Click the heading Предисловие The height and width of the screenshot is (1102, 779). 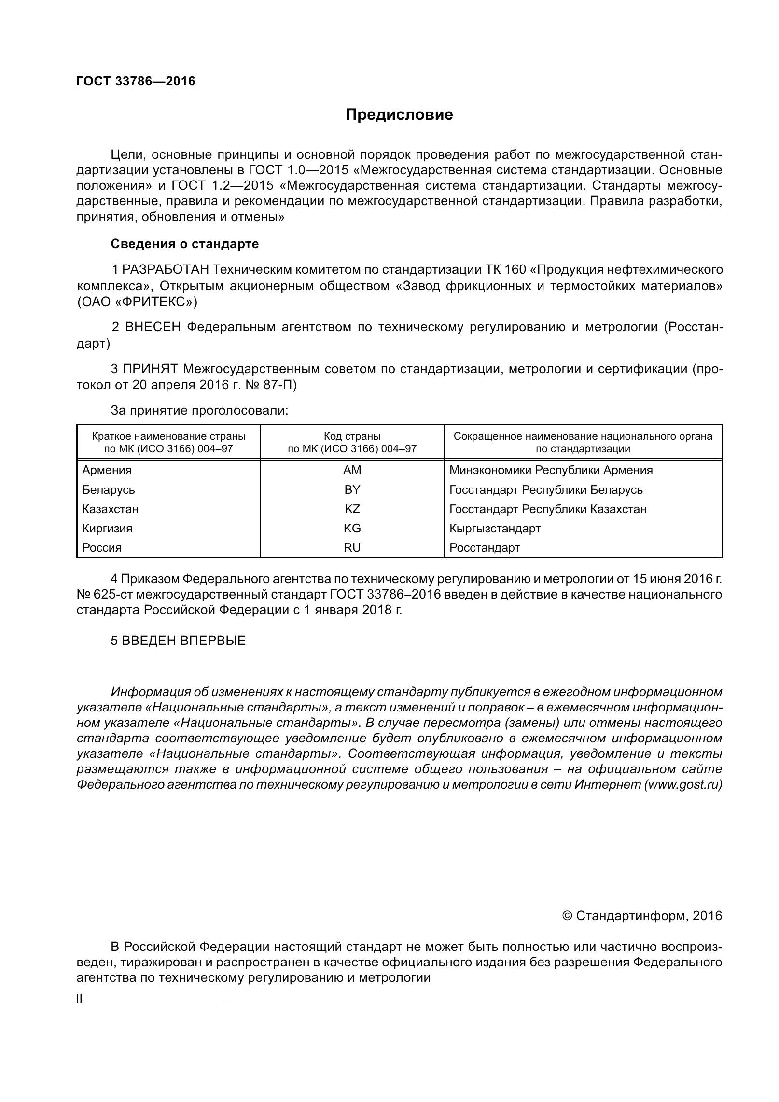399,115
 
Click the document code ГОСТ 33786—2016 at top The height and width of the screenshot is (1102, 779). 136,81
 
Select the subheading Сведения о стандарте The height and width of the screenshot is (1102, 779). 184,244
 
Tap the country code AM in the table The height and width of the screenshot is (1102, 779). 352,470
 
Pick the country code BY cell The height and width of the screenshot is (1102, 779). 352,489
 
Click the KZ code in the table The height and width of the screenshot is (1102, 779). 352,509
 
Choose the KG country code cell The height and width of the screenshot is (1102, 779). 352,528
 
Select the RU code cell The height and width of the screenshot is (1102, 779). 352,547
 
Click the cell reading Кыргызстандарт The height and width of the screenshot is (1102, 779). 495,528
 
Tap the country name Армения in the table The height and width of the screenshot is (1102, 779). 107,470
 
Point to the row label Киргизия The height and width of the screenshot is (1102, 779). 107,528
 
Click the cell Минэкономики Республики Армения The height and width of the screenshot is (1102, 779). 551,470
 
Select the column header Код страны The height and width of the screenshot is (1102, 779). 352,436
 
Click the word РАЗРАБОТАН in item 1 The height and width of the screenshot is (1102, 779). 166,269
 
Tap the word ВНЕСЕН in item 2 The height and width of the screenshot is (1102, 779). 153,327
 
